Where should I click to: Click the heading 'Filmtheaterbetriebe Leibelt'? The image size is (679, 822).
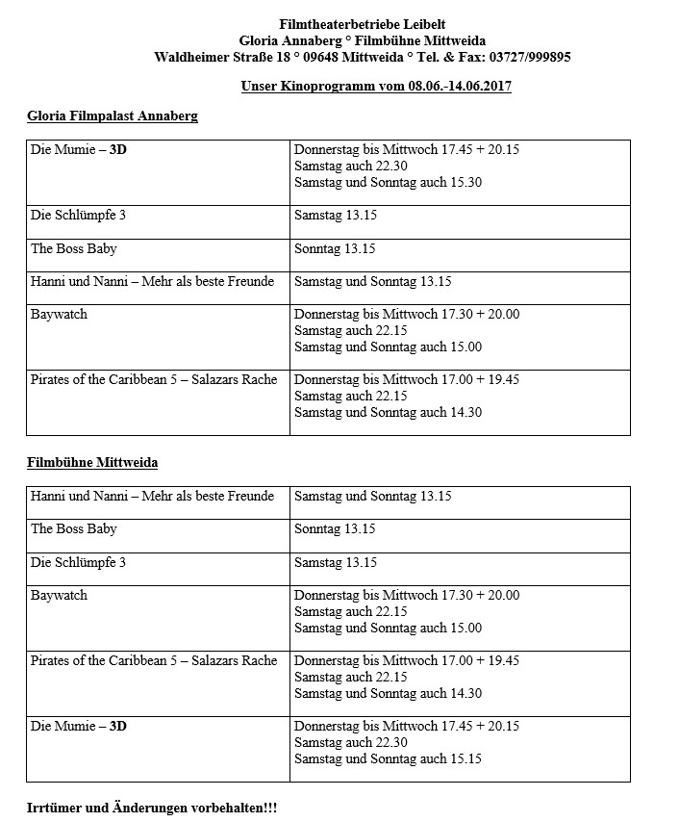[363, 23]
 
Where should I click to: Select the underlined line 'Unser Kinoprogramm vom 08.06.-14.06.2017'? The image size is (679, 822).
[376, 87]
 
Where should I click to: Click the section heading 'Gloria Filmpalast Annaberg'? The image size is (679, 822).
[113, 116]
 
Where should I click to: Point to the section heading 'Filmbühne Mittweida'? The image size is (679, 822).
[92, 463]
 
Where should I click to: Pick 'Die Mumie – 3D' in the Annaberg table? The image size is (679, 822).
[79, 150]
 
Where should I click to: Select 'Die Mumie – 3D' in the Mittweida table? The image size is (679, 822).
[79, 726]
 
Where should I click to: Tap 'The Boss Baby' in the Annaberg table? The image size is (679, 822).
[74, 248]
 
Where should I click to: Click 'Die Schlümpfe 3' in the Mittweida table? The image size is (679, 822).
[78, 562]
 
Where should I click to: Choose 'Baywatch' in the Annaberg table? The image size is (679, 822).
[59, 314]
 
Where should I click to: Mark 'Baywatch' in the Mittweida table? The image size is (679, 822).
[59, 595]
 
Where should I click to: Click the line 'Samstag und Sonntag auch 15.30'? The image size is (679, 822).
[388, 183]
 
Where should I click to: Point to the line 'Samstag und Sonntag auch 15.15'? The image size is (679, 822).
[388, 758]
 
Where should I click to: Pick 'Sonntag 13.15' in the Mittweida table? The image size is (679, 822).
[335, 529]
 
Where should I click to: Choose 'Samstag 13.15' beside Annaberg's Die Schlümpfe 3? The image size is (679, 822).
[335, 216]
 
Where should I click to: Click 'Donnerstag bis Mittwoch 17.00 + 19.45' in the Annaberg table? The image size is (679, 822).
[406, 379]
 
